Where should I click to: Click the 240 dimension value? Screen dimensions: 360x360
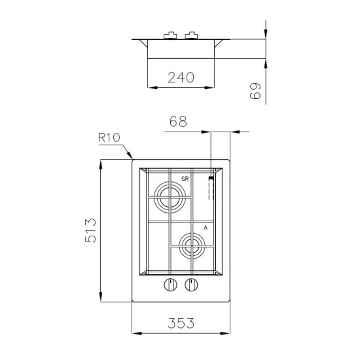pos(181,77)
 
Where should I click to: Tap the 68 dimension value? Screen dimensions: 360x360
pos(178,122)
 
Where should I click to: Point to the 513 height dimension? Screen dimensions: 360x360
pos(91,230)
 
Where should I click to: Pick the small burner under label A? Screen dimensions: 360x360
pos(190,247)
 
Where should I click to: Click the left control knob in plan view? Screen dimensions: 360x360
pos(170,284)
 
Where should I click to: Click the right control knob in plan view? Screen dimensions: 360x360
pos(191,284)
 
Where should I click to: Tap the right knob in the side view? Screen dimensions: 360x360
pos(191,35)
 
